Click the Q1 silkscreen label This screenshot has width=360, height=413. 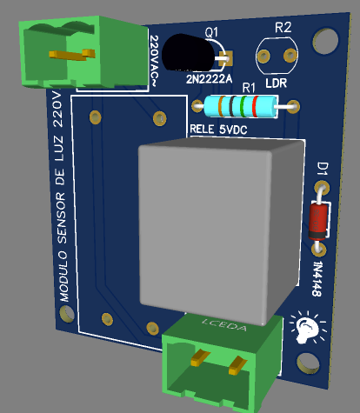[x=211, y=31]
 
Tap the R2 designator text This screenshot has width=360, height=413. [x=283, y=28]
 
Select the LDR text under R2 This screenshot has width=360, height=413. [x=276, y=83]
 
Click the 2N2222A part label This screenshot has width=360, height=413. [x=209, y=79]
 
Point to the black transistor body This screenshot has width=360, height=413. [x=188, y=53]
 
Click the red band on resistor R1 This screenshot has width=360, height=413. [x=256, y=106]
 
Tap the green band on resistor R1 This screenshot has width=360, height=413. [x=244, y=106]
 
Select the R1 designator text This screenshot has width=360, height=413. [x=249, y=87]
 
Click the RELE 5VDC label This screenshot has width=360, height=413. [x=218, y=130]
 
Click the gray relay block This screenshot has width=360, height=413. [x=220, y=229]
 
